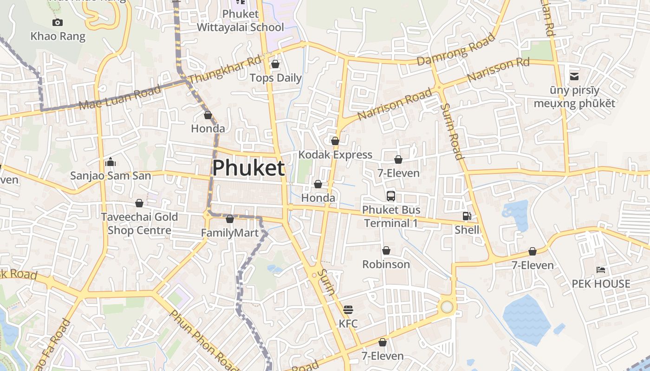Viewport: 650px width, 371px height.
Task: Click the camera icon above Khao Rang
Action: pos(58,22)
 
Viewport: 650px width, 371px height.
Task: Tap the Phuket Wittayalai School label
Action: pos(240,21)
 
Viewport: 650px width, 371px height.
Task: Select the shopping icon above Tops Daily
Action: pos(275,64)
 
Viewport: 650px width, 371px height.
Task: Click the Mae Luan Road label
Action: pos(120,97)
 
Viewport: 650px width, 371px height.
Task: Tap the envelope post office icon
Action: pos(574,76)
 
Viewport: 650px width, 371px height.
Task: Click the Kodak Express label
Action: pos(335,154)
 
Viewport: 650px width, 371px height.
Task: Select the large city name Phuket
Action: pos(248,168)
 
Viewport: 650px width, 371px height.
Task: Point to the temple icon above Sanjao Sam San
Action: pos(110,162)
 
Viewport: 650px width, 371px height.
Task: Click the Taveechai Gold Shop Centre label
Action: pos(139,224)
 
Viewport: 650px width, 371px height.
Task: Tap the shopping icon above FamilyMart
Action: pos(230,219)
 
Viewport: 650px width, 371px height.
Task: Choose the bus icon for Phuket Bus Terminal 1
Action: pos(391,196)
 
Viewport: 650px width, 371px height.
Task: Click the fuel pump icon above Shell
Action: pos(467,216)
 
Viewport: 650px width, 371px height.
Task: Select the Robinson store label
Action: pos(386,264)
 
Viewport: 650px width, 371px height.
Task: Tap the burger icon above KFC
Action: pos(348,309)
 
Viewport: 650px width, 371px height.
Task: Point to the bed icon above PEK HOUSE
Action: pos(601,269)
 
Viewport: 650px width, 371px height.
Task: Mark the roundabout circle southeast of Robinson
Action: pos(447,307)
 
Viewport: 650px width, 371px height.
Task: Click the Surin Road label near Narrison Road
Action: pos(452,131)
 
